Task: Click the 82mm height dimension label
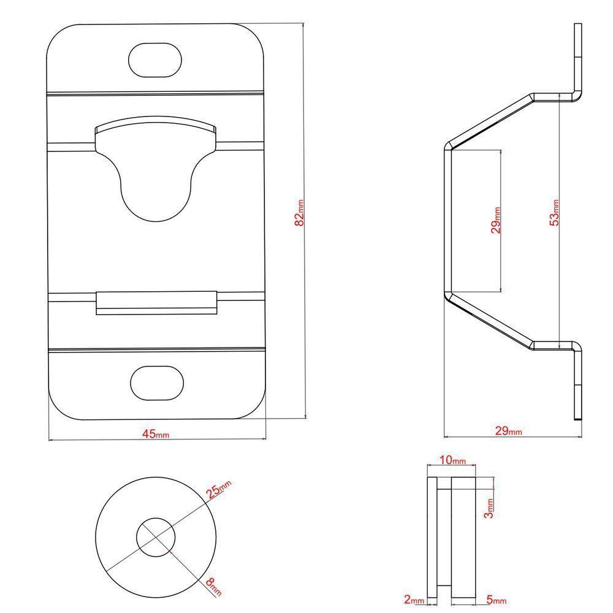click(300, 212)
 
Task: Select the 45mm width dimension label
click(155, 434)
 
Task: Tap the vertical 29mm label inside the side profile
click(497, 220)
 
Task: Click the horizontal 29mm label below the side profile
click(509, 431)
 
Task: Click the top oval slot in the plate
click(155, 59)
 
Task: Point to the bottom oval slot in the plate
click(157, 383)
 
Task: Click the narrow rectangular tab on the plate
click(157, 302)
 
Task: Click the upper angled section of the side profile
click(490, 120)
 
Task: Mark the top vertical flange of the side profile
click(577, 58)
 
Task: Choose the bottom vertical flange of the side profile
click(577, 383)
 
